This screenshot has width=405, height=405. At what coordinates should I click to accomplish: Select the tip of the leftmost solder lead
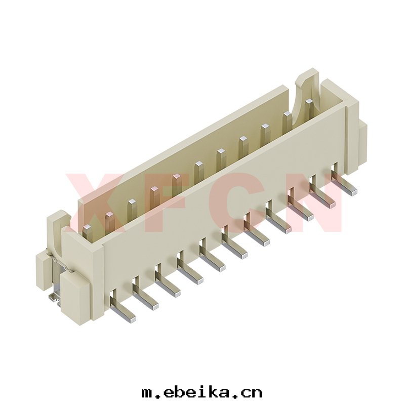tap(132, 319)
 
